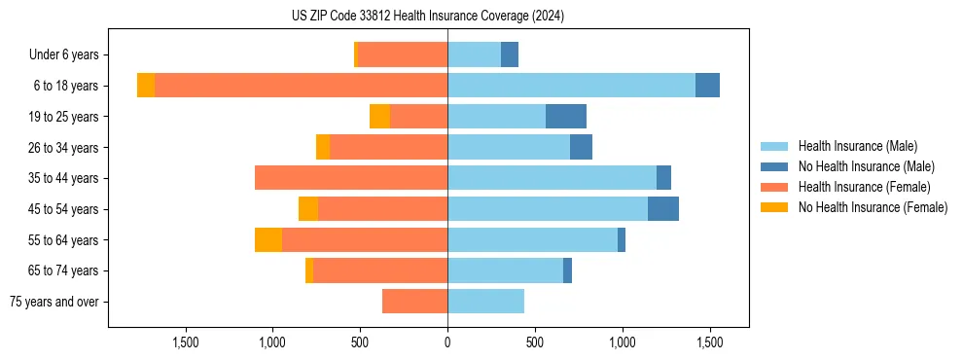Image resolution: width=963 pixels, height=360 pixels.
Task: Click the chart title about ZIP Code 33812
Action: [x=428, y=17]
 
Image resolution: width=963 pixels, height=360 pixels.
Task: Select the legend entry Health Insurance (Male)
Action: [x=857, y=146]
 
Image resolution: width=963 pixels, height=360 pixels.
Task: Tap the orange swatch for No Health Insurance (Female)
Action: [x=775, y=207]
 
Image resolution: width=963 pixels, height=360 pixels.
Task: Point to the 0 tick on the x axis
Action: [x=447, y=342]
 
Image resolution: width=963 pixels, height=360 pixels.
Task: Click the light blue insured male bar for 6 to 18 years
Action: [x=571, y=86]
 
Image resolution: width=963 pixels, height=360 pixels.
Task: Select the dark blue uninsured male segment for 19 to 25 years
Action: [x=566, y=117]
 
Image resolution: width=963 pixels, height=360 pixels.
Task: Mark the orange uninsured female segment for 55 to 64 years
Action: [x=268, y=240]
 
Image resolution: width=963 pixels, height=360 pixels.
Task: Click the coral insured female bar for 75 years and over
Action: [x=414, y=302]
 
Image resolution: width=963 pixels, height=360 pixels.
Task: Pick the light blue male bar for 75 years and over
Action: [x=485, y=302]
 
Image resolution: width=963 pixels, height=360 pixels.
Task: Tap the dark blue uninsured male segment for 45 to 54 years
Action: [x=663, y=209]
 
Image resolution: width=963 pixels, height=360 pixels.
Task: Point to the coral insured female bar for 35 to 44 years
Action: [x=351, y=178]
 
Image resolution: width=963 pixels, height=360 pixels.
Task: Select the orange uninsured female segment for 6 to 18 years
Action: [x=146, y=86]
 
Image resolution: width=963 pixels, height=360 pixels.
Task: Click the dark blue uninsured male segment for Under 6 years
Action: [x=510, y=55]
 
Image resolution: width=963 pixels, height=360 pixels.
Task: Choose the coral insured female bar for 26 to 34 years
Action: [x=388, y=148]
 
